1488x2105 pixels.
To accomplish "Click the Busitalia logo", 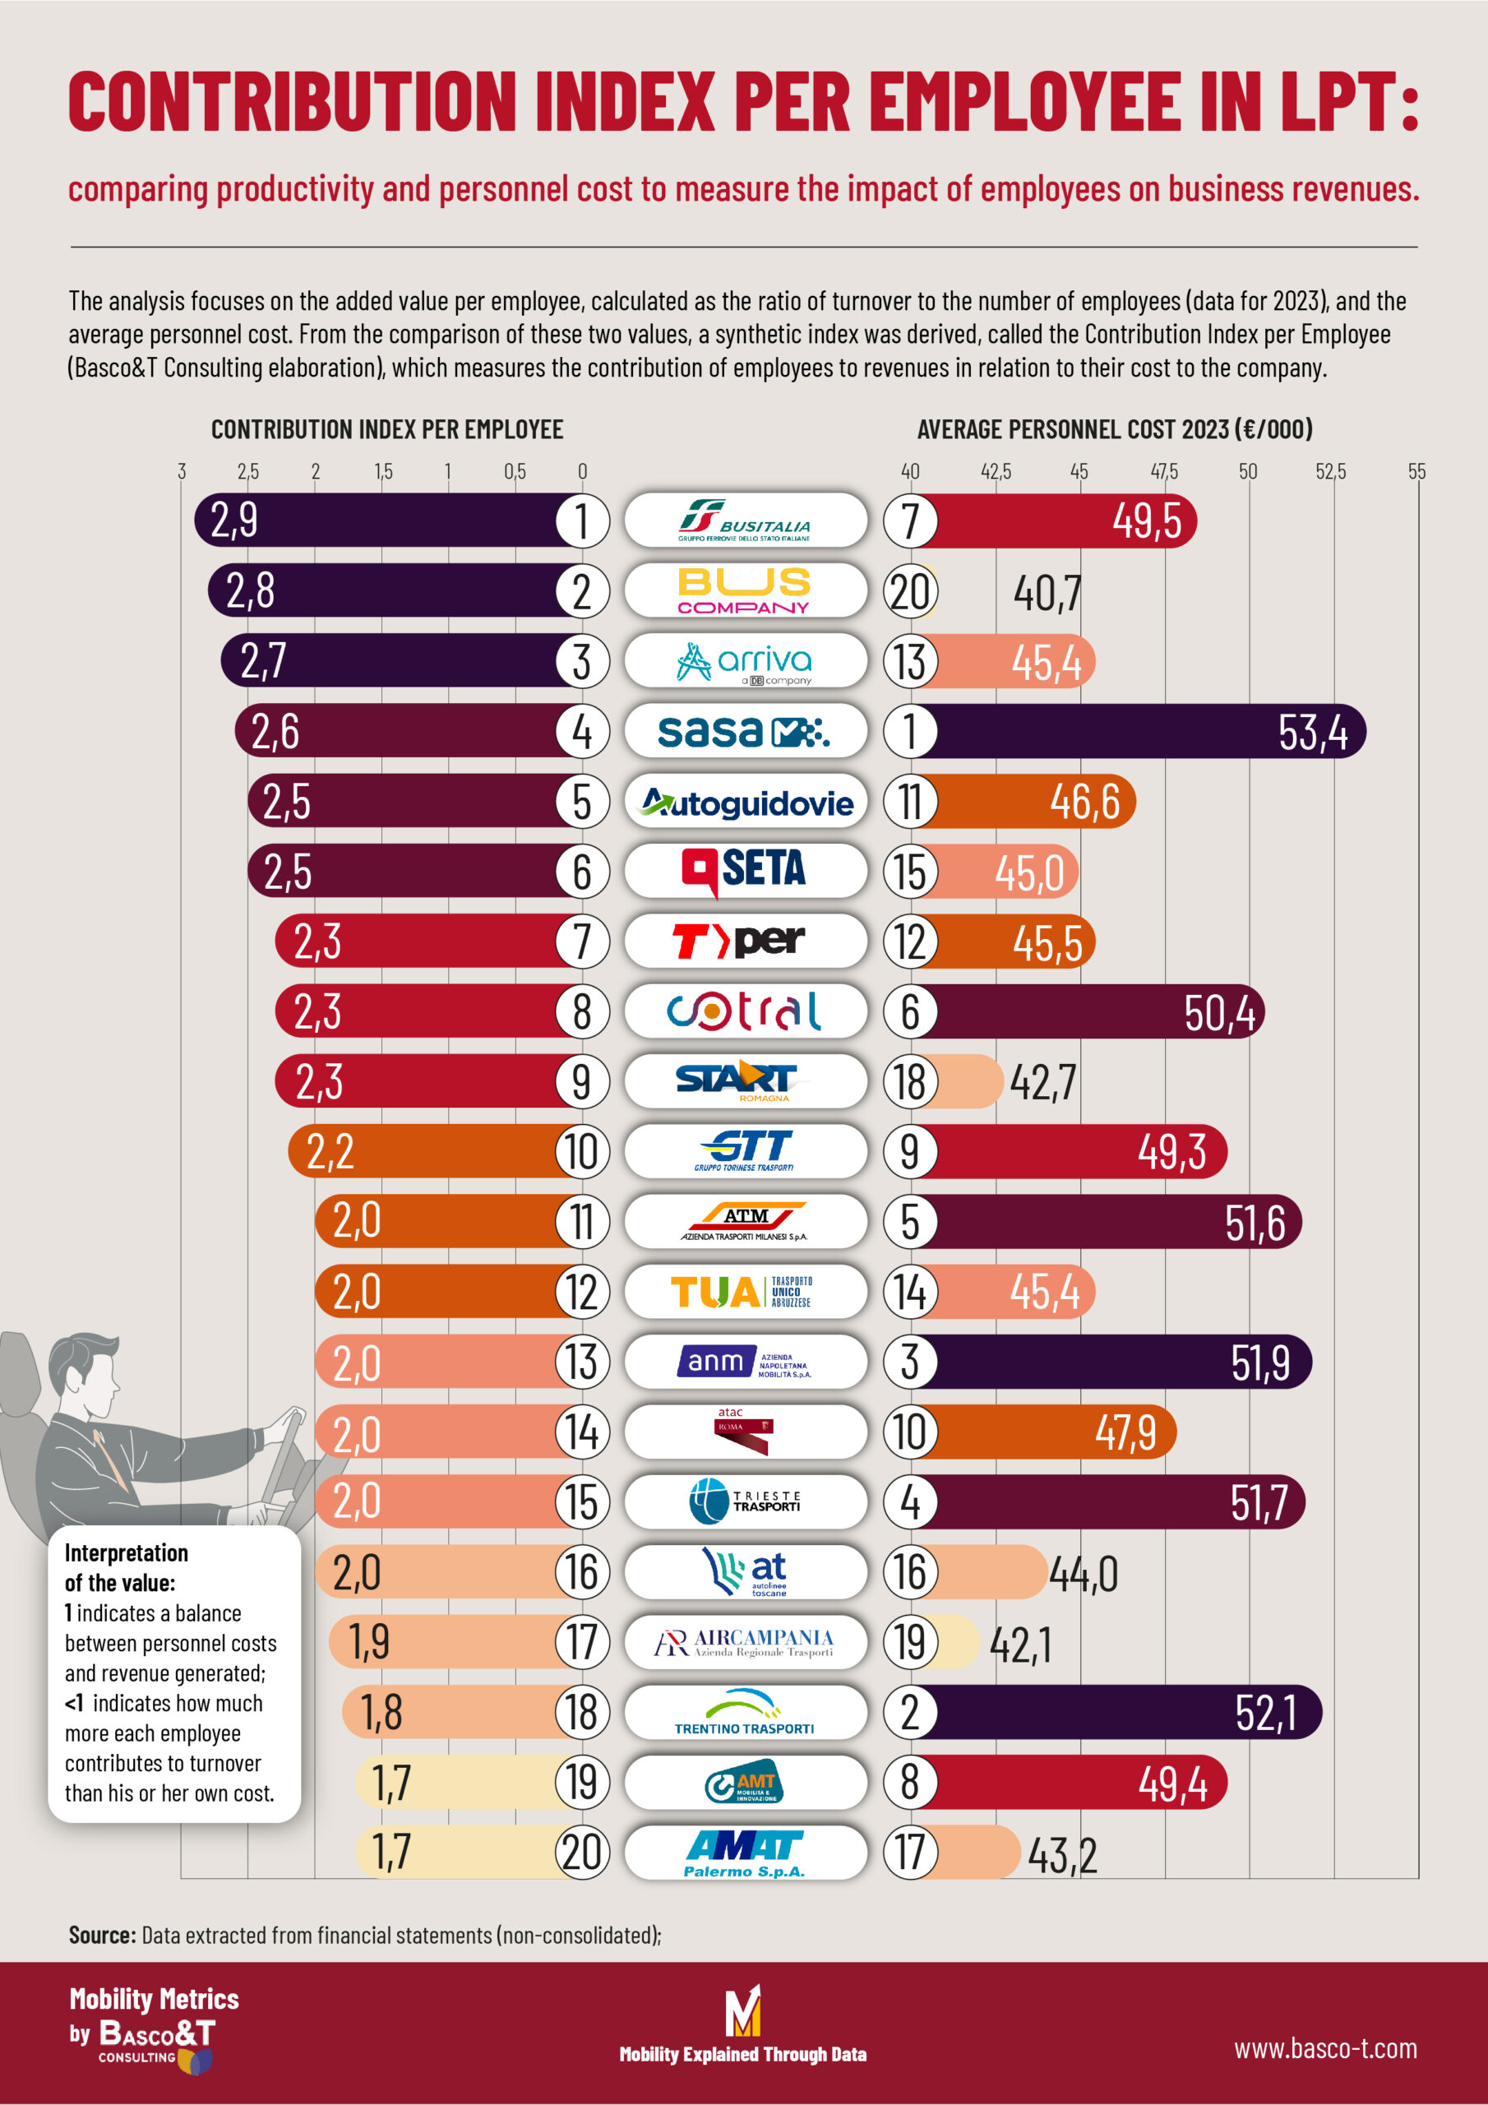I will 745,520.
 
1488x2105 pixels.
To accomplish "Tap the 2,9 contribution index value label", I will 234,520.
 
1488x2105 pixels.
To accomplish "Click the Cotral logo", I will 745,1011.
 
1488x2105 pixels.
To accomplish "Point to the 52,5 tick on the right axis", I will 1330,471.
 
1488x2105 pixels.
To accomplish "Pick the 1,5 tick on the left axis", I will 382,471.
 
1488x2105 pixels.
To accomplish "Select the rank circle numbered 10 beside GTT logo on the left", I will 582,1151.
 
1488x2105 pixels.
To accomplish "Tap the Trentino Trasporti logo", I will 745,1712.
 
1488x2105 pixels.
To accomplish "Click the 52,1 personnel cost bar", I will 1119,1712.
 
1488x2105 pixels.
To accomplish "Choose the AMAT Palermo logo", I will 745,1852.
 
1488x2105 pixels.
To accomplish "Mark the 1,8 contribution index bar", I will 459,1712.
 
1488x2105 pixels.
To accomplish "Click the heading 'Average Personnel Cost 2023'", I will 1114,429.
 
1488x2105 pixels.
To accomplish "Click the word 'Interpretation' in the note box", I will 127,1552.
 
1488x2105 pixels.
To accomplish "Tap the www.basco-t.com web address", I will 1324,2048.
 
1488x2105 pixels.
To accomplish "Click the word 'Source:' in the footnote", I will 102,1935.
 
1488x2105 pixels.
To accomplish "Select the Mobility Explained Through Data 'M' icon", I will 742,2010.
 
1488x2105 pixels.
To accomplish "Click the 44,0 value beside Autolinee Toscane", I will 1083,1574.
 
